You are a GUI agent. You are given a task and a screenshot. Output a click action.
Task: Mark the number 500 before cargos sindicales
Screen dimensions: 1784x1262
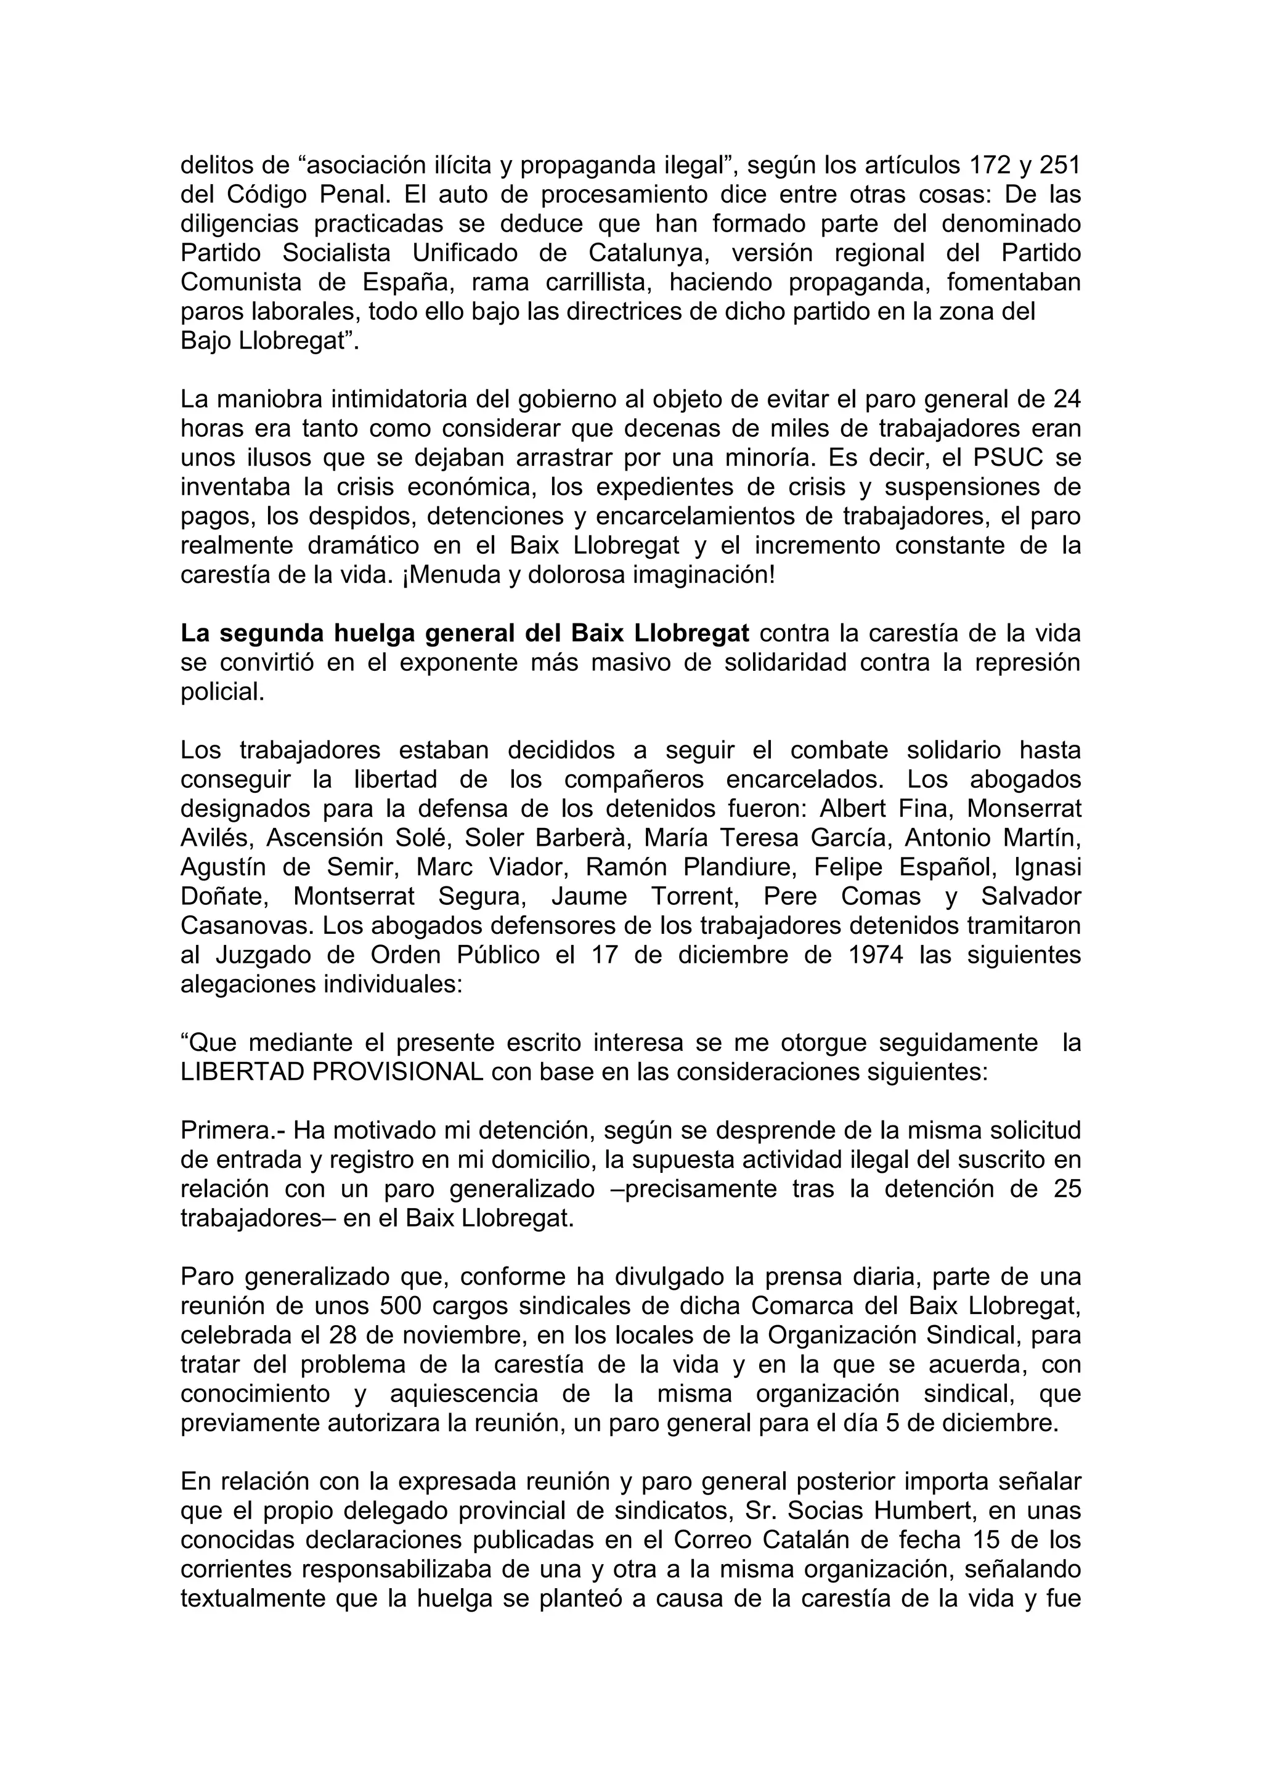coord(400,1306)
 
